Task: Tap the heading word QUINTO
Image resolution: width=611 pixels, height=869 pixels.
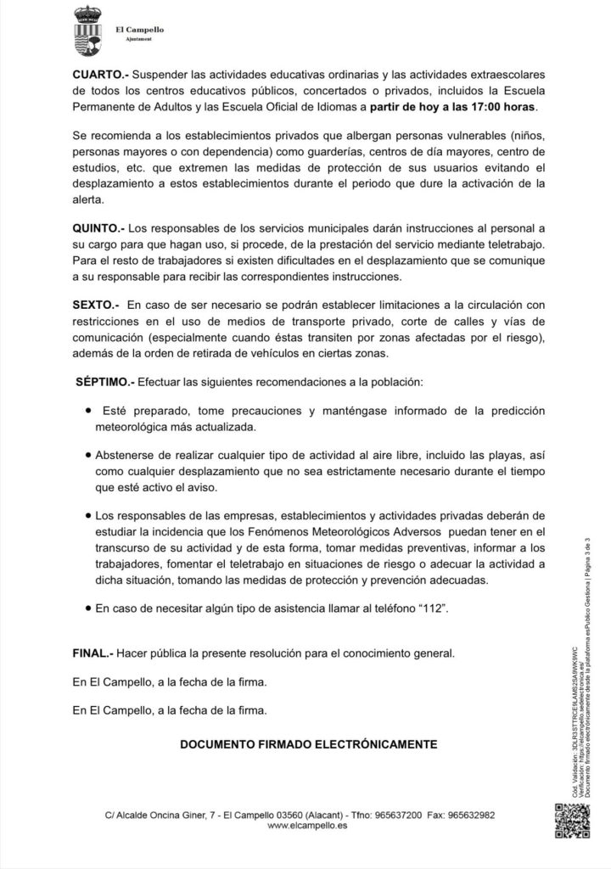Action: [x=98, y=228]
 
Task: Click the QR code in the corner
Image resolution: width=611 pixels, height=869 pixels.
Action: [x=572, y=819]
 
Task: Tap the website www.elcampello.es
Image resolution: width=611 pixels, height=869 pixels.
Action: [x=307, y=825]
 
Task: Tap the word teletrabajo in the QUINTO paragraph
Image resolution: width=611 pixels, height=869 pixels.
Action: [x=513, y=244]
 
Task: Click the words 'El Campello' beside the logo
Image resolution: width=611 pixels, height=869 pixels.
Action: [x=139, y=30]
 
